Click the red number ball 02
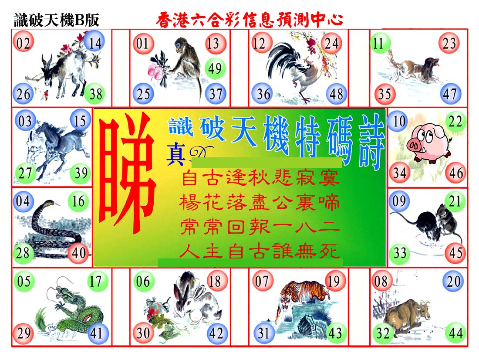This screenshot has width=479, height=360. [x=23, y=43]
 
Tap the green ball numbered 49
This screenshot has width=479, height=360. [x=215, y=68]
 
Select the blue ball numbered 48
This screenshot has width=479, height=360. [x=336, y=94]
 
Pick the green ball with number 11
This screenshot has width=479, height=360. [x=380, y=43]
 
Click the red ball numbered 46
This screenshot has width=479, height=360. [x=456, y=173]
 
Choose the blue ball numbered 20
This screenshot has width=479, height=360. [x=453, y=281]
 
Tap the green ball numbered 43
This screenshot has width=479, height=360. [x=336, y=333]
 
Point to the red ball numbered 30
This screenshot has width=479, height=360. [x=143, y=333]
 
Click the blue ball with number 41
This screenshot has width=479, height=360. [x=97, y=333]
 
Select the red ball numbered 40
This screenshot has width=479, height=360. [x=79, y=253]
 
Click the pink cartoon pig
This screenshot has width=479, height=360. [x=428, y=143]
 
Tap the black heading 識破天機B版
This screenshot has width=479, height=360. [x=57, y=20]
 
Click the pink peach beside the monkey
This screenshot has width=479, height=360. [x=154, y=70]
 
